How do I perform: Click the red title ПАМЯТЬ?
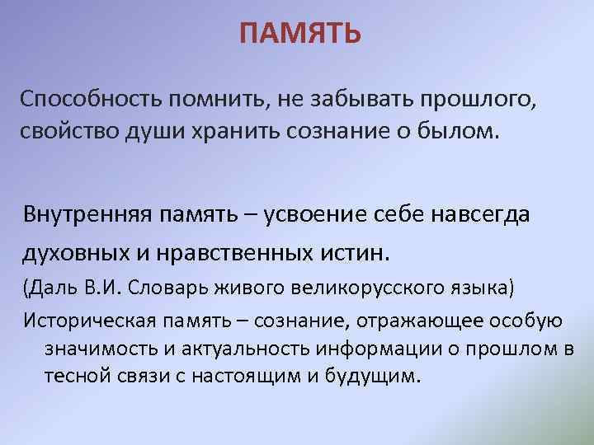(300, 34)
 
